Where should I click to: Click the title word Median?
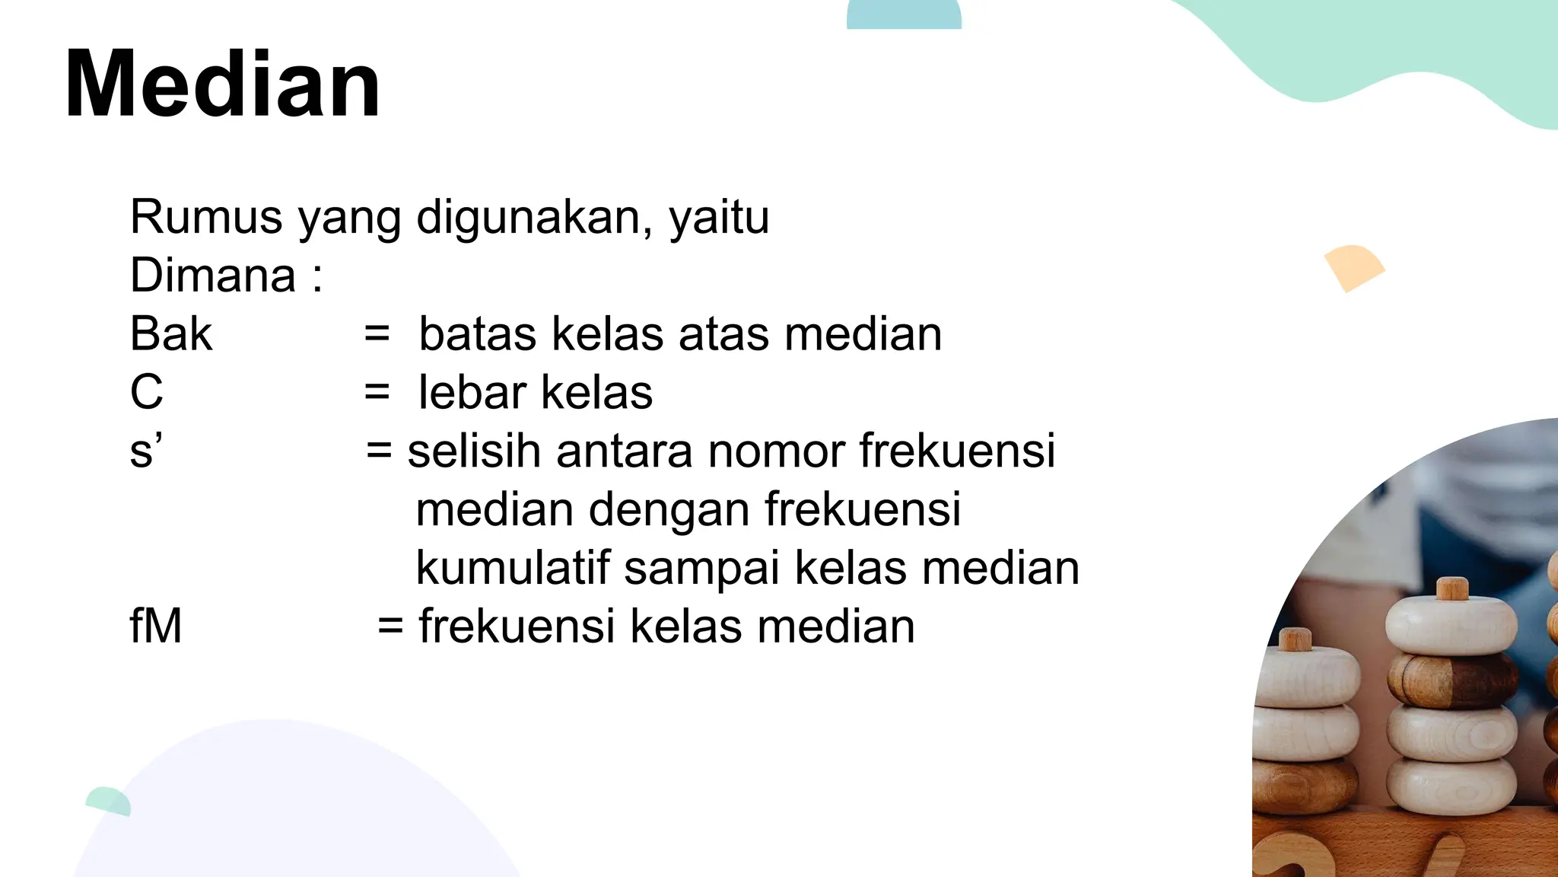[222, 84]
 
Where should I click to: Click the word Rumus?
[206, 217]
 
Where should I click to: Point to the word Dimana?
[213, 275]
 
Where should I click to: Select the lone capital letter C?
[147, 392]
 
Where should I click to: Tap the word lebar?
[472, 392]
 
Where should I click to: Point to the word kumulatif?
[513, 568]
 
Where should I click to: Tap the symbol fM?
[156, 626]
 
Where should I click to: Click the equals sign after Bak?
[377, 333]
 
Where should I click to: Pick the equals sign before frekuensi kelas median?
[390, 626]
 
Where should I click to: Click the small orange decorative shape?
[1353, 267]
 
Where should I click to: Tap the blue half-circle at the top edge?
[904, 14]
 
